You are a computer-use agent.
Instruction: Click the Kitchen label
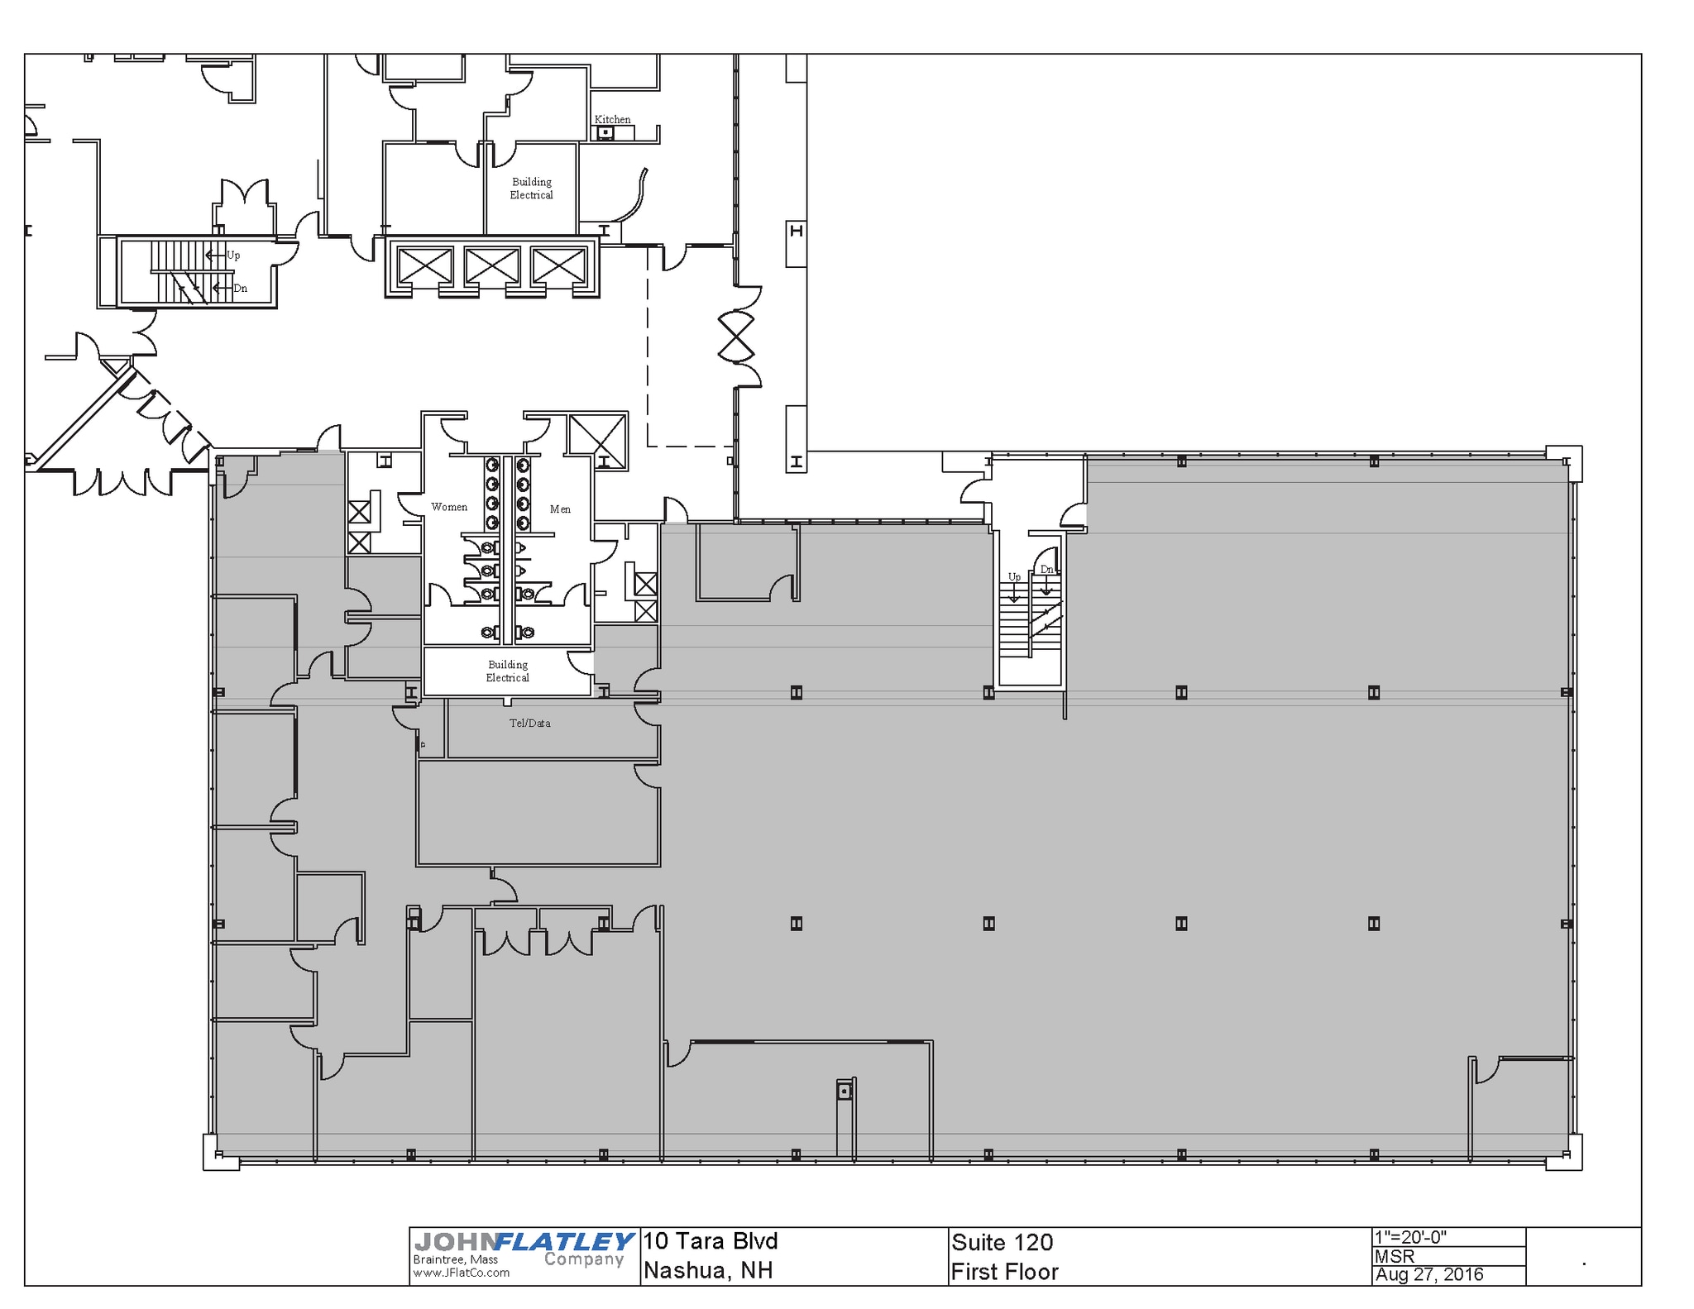pos(612,119)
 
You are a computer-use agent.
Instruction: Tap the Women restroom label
pos(448,507)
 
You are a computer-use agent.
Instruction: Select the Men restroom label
pos(560,509)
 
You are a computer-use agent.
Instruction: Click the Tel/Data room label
pos(529,723)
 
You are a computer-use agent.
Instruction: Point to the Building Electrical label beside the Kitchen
pos(531,189)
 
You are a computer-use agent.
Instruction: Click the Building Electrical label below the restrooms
pos(507,671)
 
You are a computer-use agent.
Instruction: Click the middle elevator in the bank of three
pos(492,266)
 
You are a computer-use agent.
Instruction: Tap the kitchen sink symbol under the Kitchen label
pos(605,132)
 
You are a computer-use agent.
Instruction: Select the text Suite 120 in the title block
pos(1002,1242)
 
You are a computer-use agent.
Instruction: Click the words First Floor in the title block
pos(1004,1272)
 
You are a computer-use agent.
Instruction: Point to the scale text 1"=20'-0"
pos(1410,1237)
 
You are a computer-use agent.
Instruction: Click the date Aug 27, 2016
pos(1428,1274)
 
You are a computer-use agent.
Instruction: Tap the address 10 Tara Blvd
pos(711,1241)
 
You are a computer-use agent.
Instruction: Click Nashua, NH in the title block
pos(708,1270)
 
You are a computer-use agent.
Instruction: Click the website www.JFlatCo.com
pos(461,1273)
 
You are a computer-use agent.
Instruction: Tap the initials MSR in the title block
pos(1395,1256)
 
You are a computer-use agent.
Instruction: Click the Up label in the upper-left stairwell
pos(234,256)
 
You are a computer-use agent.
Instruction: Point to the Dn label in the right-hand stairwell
pos(1046,569)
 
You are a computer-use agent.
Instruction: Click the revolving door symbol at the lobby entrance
pos(735,337)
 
